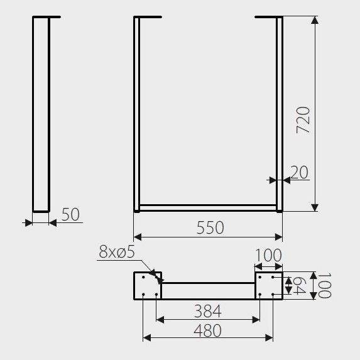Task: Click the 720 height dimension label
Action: click(x=303, y=120)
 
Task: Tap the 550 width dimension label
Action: click(x=210, y=227)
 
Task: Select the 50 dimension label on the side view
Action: click(x=70, y=214)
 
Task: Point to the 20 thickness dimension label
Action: click(x=299, y=172)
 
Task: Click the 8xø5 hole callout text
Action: click(x=117, y=252)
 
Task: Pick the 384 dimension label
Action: click(x=208, y=311)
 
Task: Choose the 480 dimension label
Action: click(x=207, y=330)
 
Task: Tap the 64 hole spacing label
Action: click(x=299, y=285)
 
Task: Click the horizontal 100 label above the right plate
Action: click(x=269, y=255)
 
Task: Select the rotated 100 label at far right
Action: click(x=324, y=285)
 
